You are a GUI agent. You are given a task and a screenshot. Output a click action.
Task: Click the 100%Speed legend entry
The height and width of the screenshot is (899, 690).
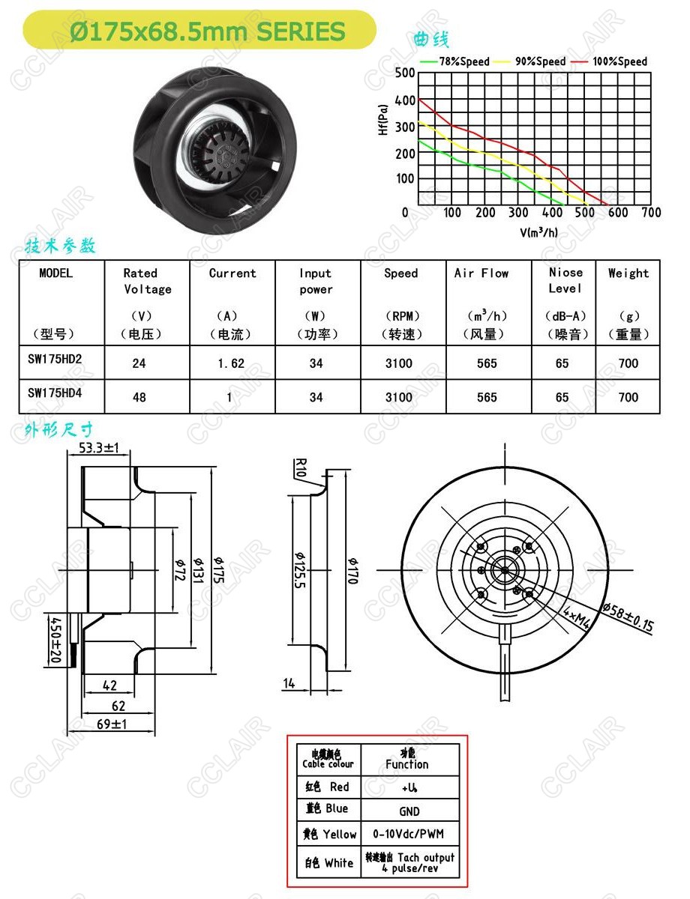pos(609,61)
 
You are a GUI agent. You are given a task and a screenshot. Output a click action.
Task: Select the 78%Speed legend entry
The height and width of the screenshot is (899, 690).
pos(454,61)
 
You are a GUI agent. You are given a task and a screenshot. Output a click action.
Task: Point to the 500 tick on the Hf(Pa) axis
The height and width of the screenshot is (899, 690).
pos(405,73)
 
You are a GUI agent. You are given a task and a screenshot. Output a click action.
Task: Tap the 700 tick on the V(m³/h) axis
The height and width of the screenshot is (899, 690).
pos(651,213)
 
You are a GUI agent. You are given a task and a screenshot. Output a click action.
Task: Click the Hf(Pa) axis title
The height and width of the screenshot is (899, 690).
pos(383,120)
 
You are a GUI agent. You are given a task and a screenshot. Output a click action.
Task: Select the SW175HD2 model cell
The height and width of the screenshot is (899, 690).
pos(55,359)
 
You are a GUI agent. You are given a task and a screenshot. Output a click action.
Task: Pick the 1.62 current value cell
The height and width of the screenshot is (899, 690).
pos(231,363)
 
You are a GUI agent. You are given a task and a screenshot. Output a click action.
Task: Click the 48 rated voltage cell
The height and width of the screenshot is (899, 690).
pos(139,397)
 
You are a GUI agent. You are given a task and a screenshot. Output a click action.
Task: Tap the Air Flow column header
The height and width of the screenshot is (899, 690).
pos(481,273)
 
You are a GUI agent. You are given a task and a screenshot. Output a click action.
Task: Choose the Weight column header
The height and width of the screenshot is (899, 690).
pos(628,273)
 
